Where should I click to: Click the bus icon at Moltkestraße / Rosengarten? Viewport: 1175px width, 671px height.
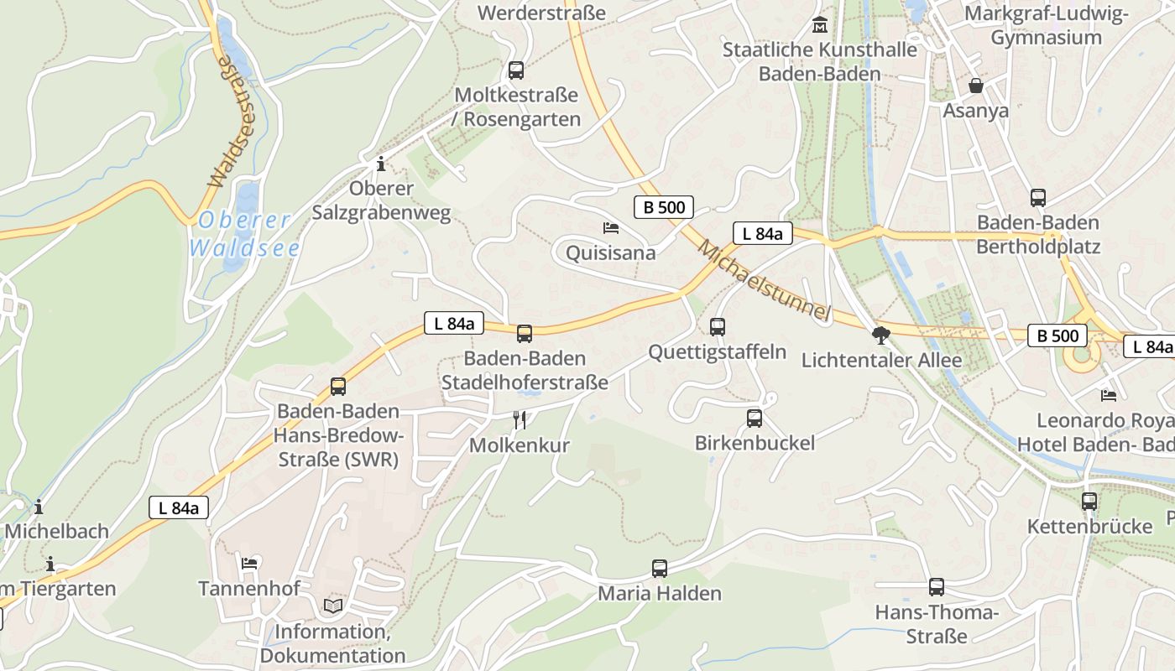(x=516, y=70)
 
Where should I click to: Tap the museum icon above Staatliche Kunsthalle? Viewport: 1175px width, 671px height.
(x=820, y=25)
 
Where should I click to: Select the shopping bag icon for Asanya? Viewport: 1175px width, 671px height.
(x=976, y=86)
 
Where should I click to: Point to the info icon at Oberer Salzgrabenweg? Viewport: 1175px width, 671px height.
(x=381, y=163)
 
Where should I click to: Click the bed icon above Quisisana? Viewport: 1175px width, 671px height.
(x=611, y=227)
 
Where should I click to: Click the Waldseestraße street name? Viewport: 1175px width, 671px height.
(x=229, y=121)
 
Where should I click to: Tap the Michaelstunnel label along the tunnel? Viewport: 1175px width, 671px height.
(x=764, y=281)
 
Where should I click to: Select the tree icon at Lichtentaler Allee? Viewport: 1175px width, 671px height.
(x=880, y=336)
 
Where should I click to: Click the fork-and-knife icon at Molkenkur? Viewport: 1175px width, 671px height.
(x=520, y=420)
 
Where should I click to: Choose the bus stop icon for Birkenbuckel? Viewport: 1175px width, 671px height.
(x=755, y=418)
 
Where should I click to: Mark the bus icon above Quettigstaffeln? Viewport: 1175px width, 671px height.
(x=718, y=327)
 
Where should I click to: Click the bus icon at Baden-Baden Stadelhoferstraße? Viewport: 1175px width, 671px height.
(x=525, y=334)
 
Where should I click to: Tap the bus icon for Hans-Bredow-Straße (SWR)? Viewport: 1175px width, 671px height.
(x=338, y=387)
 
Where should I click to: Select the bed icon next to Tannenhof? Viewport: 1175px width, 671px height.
(x=249, y=563)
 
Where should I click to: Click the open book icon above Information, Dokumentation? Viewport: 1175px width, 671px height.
(x=333, y=606)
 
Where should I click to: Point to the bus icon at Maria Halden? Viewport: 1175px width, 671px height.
(x=660, y=569)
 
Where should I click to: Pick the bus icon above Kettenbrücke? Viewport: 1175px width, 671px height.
(x=1089, y=502)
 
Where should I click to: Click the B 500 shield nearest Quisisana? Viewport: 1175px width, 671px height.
(x=663, y=207)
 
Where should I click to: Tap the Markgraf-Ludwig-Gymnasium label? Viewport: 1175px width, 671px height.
(x=1046, y=25)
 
